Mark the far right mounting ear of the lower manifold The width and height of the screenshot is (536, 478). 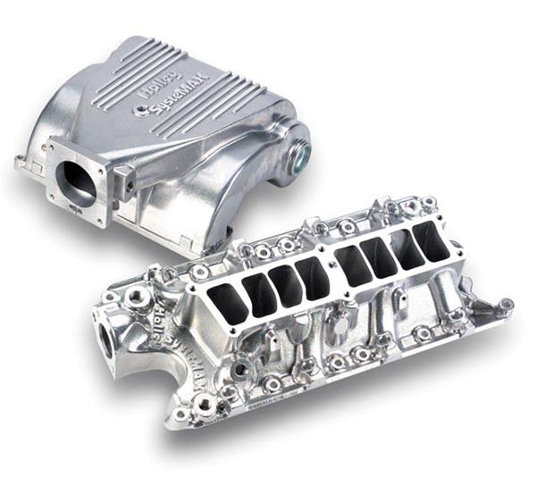click(505, 306)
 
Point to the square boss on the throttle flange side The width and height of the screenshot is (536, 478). click(129, 185)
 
